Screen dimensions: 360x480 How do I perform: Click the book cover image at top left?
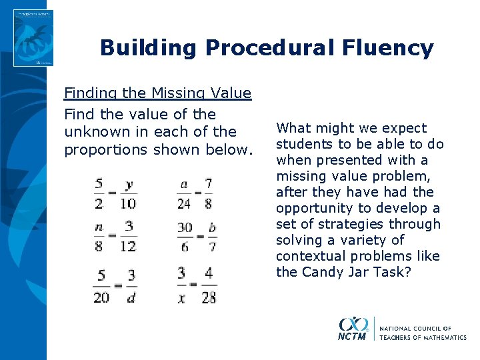(33, 38)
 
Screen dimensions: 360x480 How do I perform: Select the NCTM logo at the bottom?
(353, 329)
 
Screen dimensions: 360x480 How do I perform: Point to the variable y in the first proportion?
(129, 183)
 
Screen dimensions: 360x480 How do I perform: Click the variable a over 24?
(183, 183)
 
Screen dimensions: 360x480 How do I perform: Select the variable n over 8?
(99, 227)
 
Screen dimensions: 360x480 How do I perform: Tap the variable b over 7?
(213, 227)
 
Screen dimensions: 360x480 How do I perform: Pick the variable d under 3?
(131, 297)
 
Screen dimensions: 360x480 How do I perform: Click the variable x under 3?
(181, 297)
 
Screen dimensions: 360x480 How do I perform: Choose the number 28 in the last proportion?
(209, 297)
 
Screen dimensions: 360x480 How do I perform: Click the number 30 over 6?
(185, 227)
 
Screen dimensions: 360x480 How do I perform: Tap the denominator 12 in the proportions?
(128, 247)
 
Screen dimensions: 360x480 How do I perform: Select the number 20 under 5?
(101, 297)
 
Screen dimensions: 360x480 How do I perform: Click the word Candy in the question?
(323, 272)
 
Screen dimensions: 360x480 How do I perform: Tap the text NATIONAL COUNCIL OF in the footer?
(416, 328)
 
